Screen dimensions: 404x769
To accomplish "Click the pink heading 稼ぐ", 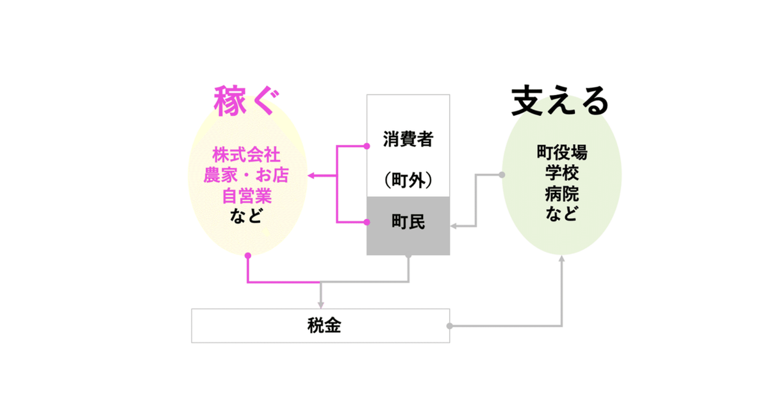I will point(247,103).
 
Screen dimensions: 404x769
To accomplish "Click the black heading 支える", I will point(559,101).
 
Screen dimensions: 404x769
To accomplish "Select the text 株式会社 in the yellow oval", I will point(247,156).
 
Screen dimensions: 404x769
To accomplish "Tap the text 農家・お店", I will point(247,175).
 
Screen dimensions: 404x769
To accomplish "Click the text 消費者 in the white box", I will point(408,139).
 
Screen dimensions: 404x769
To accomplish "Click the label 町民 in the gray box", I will point(408,223).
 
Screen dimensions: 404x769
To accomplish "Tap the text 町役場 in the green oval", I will point(562,154).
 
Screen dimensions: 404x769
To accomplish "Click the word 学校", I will point(562,173).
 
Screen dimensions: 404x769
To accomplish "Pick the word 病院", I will point(562,193).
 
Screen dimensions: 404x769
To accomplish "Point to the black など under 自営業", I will point(247,215).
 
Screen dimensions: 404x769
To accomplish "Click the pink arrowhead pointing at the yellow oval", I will point(310,175).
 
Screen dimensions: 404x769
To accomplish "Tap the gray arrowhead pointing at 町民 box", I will point(454,225).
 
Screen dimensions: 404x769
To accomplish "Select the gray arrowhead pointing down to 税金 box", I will point(320,304).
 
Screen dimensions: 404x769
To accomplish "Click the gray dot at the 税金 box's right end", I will point(449,326).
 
